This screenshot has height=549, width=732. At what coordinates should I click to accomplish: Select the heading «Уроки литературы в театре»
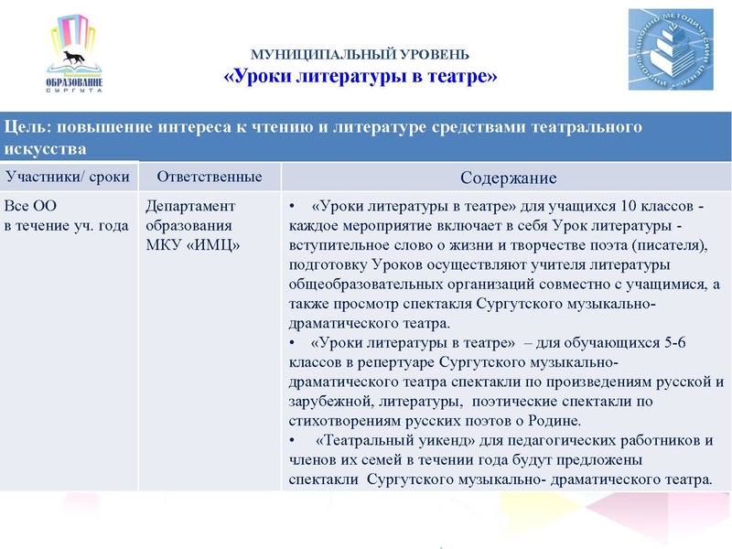[x=361, y=76]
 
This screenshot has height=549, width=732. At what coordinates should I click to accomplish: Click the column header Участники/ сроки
[x=68, y=176]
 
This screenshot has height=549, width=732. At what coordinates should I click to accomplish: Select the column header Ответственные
[x=210, y=176]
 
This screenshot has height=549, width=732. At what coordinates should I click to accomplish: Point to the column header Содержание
[x=509, y=178]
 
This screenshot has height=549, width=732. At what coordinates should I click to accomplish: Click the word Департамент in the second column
[x=190, y=206]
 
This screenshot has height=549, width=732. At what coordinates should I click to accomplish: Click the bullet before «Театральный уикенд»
[x=292, y=441]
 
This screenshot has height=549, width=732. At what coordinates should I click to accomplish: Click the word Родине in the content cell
[x=557, y=421]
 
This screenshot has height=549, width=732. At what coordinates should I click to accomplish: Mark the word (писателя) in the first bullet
[x=673, y=245]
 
